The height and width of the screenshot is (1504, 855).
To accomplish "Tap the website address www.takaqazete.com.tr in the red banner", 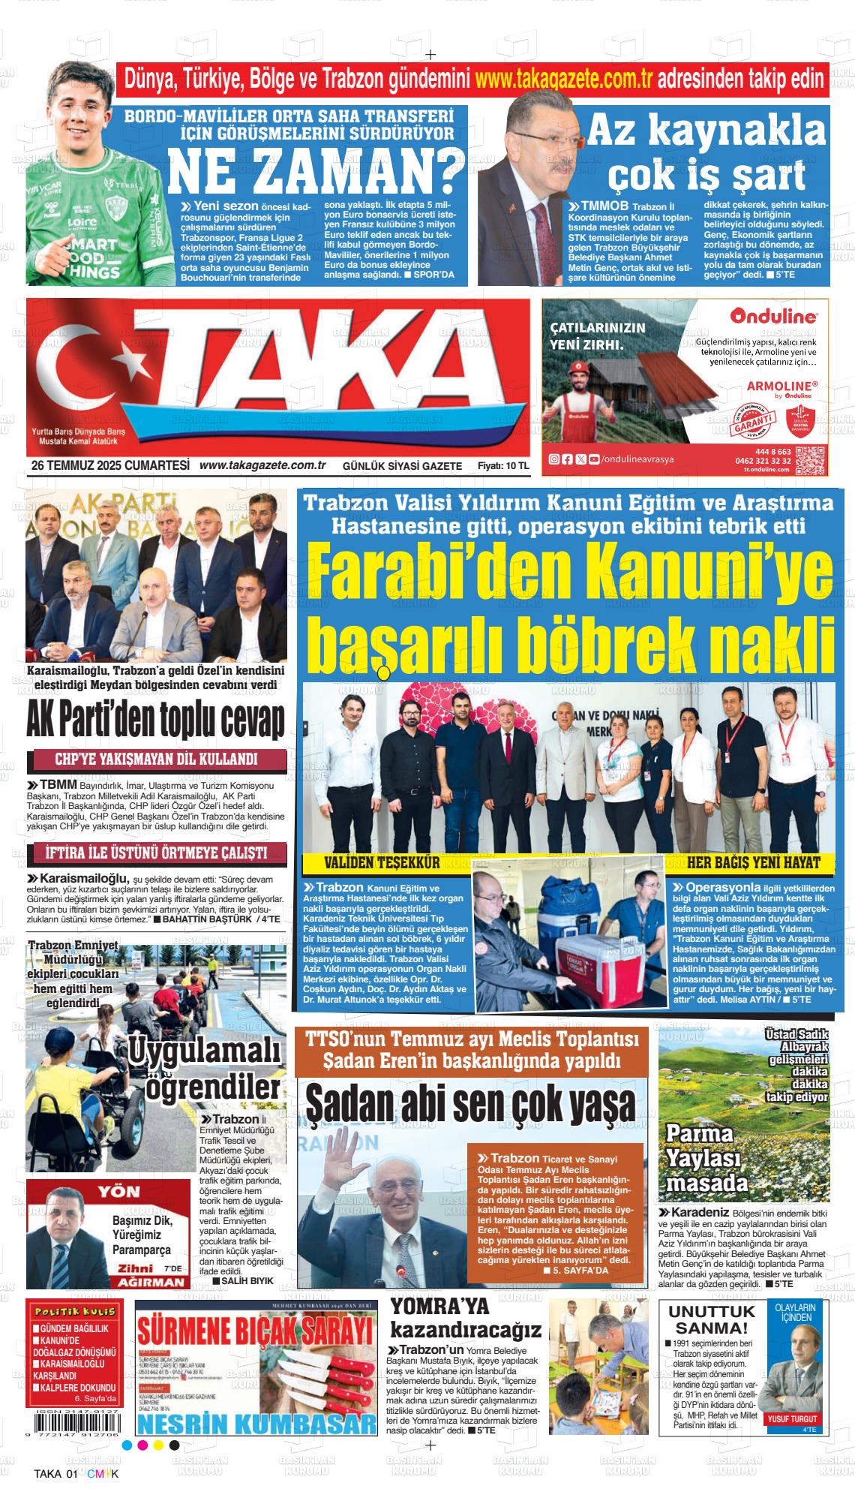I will (x=563, y=78).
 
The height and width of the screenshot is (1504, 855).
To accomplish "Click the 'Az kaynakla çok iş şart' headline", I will (x=705, y=154).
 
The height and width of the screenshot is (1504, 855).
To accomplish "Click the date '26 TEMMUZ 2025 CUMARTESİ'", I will (x=110, y=465).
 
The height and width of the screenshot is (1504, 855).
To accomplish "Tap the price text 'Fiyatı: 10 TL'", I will (x=503, y=466).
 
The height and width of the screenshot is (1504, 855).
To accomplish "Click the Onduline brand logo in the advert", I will (x=773, y=317).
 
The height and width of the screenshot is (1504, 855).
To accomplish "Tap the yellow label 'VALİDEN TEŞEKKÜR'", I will (x=382, y=862).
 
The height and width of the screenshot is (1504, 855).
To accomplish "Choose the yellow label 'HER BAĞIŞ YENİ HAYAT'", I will (x=753, y=862).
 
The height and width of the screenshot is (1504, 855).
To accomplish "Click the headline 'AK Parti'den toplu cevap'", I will (x=156, y=722).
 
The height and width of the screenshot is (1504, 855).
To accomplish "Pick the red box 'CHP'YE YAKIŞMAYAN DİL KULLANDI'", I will (x=156, y=759).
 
